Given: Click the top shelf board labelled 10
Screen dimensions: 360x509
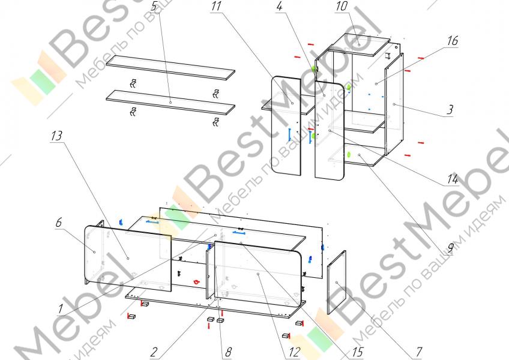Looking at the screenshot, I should point(358,44).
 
